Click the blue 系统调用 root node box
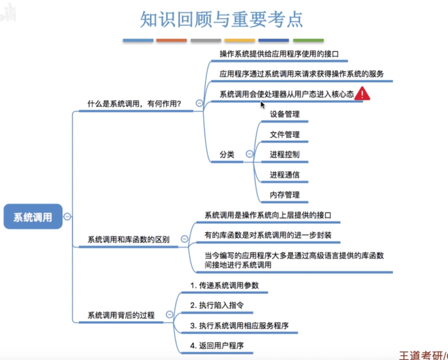pos(33,217)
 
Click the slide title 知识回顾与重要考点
pos(221,20)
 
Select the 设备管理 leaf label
pos(284,114)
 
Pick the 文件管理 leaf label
pos(284,134)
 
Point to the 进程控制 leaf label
pos(284,155)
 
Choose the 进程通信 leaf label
pos(284,175)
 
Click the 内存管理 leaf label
pos(284,195)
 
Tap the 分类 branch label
pos(227,155)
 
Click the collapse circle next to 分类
pos(249,154)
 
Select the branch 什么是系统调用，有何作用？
pos(134,104)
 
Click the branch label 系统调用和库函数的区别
pos(128,239)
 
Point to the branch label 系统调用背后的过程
pos(121,315)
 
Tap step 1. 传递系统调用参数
pos(224,285)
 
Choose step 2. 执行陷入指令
pos(217,305)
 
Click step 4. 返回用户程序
pos(217,346)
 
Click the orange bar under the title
pos(171,40)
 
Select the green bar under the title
pos(308,40)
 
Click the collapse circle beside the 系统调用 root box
pos(67,217)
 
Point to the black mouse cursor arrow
pos(263,105)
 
